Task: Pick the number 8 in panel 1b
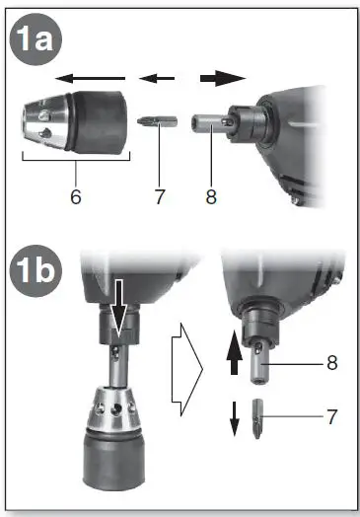click(331, 362)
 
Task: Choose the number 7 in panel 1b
click(331, 417)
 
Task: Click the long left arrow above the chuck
click(89, 77)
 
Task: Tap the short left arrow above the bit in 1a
click(152, 77)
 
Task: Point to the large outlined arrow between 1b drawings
click(185, 370)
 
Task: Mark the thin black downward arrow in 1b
click(235, 418)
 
